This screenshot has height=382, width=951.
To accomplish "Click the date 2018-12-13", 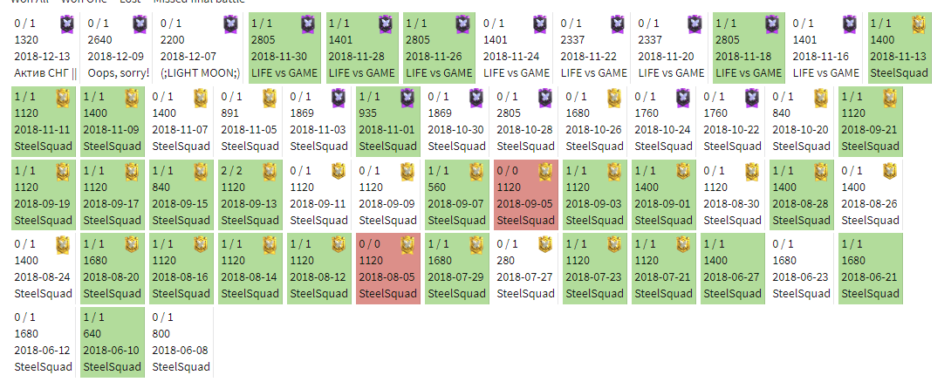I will (43, 56).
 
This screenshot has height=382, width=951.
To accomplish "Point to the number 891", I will (230, 113).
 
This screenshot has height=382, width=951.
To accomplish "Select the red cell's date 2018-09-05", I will (525, 203).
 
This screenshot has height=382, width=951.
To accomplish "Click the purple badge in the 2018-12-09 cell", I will (140, 24).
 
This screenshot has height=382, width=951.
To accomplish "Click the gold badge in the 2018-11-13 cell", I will (919, 24).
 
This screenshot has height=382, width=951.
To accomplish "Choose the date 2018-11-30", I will (279, 56).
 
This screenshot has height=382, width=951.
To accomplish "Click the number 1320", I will (28, 39).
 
